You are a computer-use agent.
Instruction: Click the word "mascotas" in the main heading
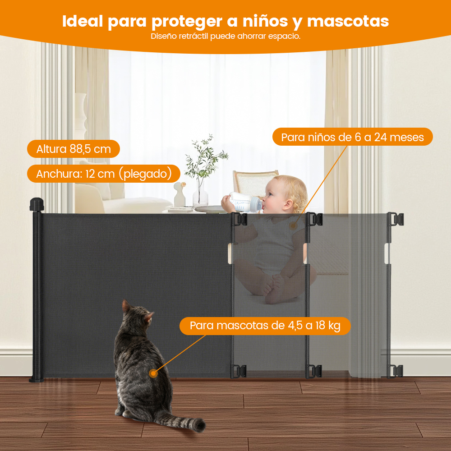(348, 21)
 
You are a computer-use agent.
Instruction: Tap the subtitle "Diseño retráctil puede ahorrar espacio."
(225, 36)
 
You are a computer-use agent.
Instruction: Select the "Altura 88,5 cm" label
(74, 149)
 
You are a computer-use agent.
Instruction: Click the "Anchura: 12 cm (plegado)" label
(104, 174)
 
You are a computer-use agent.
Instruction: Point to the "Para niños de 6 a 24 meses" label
(352, 137)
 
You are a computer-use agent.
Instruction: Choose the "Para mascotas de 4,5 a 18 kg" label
(265, 326)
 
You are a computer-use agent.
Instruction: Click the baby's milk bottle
(245, 202)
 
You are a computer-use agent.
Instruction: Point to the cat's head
(137, 317)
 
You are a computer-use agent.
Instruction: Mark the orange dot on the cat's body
(153, 373)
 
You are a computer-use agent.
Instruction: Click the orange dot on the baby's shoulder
(293, 226)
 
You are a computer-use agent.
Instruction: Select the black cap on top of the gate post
(37, 204)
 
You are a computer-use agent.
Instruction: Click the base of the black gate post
(37, 380)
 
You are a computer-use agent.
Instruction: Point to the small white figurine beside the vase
(180, 194)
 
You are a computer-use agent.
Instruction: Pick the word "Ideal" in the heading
(83, 21)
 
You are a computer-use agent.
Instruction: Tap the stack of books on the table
(179, 209)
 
